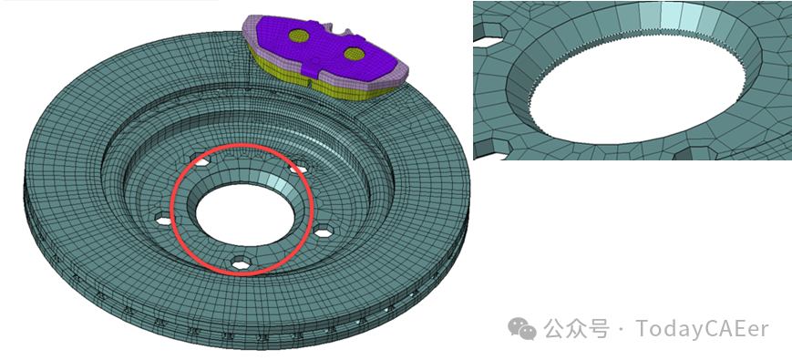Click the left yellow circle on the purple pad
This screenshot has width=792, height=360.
[x=300, y=36]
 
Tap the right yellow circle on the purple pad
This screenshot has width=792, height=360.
[x=355, y=53]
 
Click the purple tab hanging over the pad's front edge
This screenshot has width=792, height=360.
[x=314, y=64]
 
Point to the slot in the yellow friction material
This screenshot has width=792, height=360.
[x=308, y=81]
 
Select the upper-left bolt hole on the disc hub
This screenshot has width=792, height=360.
[x=201, y=161]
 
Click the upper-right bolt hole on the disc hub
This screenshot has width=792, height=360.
[x=298, y=167]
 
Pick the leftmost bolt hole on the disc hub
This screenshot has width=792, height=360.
[x=165, y=220]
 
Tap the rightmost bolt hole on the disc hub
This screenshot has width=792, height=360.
[x=324, y=231]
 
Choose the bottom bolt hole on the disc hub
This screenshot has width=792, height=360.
[x=241, y=262]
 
